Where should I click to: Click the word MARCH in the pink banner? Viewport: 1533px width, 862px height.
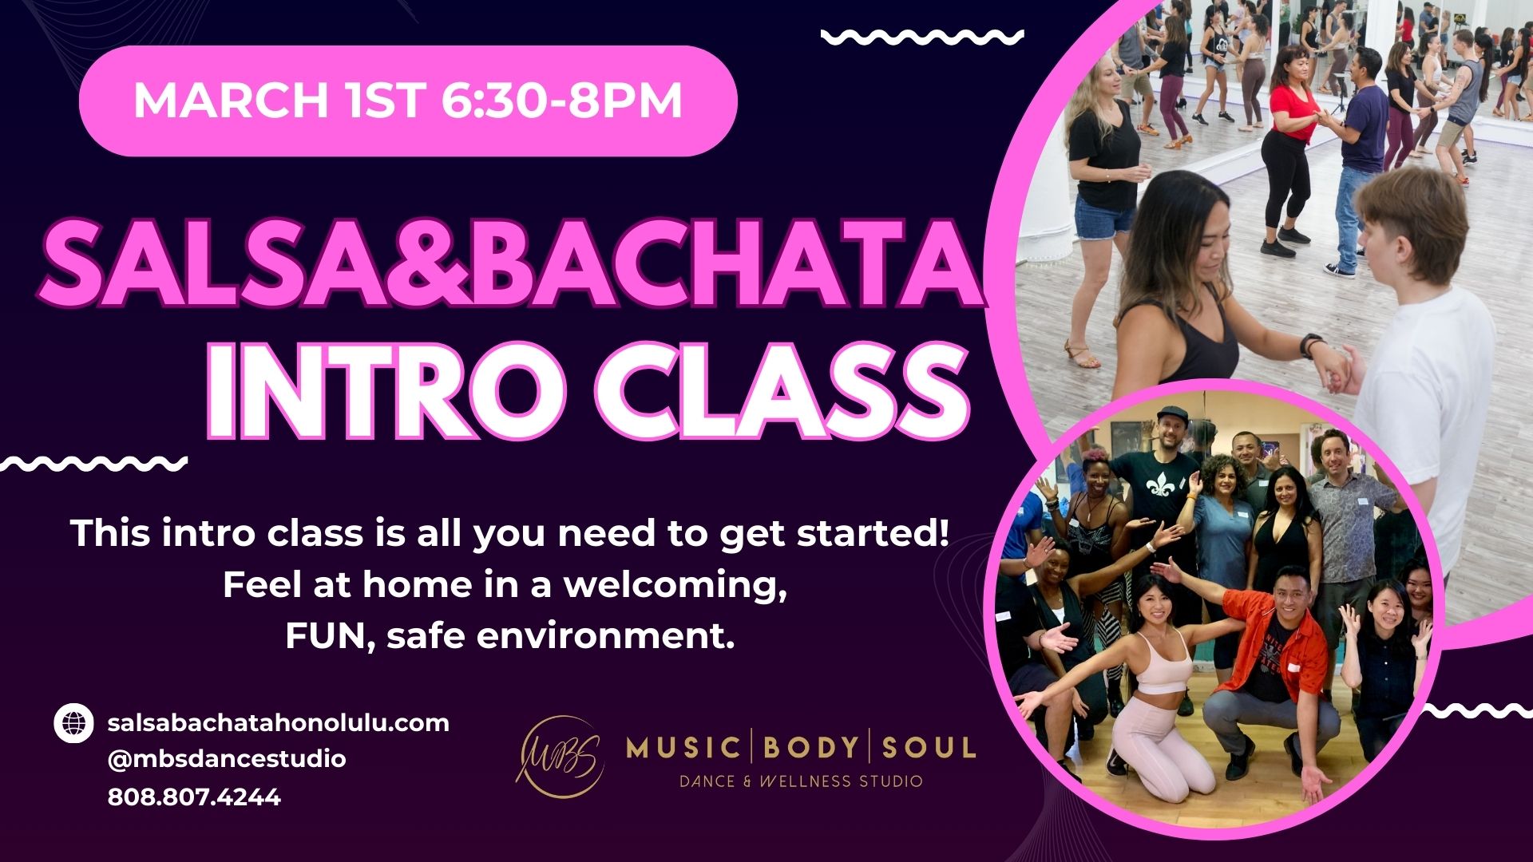tap(230, 100)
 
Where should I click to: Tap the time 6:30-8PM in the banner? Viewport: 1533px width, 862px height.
tap(561, 100)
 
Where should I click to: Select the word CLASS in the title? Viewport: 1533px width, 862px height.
tap(782, 392)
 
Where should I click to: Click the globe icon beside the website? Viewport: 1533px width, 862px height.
tap(74, 724)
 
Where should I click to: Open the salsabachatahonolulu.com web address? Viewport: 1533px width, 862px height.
tap(278, 723)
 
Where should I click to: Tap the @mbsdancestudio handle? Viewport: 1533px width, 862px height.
tap(227, 759)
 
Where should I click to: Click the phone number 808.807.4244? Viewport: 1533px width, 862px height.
tap(194, 797)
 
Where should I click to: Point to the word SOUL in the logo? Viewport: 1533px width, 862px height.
tap(929, 748)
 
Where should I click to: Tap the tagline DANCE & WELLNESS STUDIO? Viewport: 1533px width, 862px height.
tap(801, 781)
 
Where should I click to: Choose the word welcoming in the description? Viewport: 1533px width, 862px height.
tap(675, 585)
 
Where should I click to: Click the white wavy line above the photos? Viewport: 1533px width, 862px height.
tap(922, 37)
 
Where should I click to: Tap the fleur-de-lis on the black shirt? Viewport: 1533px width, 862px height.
tap(1152, 488)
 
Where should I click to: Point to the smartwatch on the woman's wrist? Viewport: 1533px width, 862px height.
tap(1310, 345)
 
